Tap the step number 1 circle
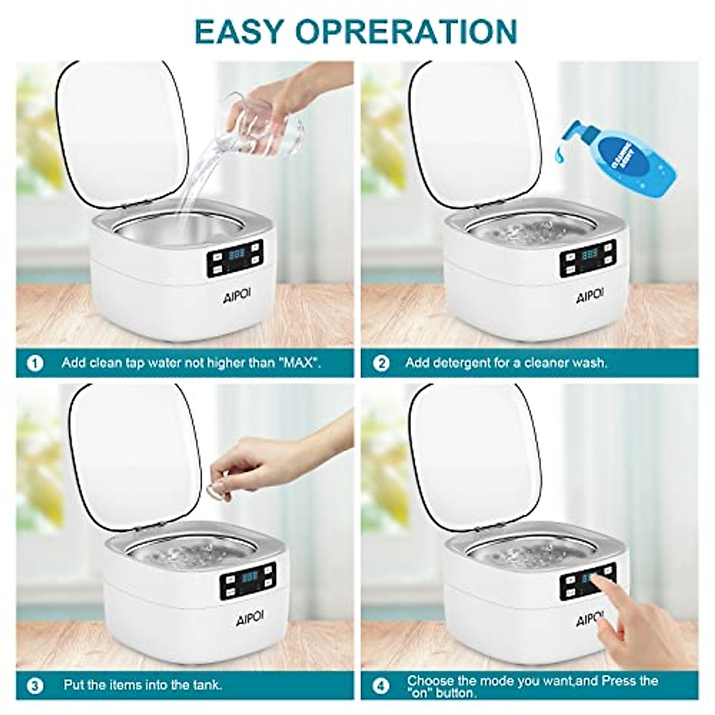(x=36, y=363)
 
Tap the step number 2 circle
(x=380, y=363)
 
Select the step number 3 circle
(x=36, y=685)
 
